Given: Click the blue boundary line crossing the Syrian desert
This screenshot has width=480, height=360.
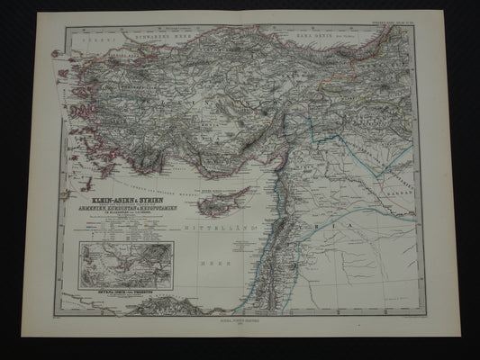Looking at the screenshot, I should (x=360, y=216).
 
